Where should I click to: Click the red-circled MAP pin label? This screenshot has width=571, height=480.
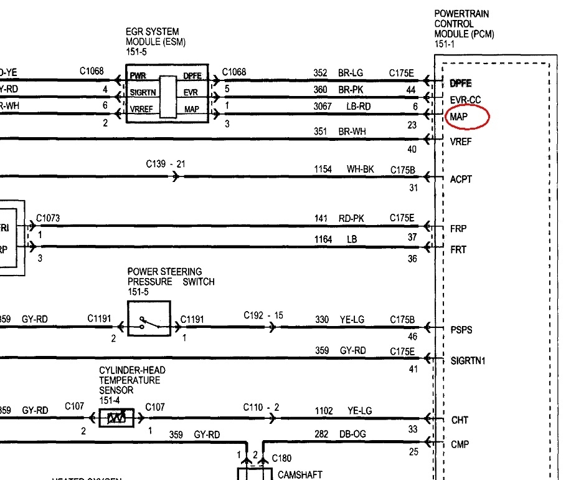pos(460,117)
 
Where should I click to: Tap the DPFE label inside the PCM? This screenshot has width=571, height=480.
pos(461,84)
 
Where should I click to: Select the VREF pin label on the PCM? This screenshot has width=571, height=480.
pos(461,142)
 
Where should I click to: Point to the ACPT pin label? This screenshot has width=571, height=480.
pos(461,180)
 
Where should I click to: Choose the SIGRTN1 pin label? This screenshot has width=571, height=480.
pos(468,361)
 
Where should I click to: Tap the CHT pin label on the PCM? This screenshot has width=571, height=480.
pos(460,421)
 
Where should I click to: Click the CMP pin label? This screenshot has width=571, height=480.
pos(460,444)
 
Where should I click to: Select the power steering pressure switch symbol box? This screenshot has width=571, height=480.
pos(149,318)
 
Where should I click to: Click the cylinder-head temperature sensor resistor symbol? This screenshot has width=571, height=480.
pos(116,418)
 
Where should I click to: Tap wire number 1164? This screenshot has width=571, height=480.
pos(323,239)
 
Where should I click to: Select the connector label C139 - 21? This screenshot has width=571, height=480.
pos(166,165)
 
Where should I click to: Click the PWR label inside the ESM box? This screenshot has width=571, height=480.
pos(138,77)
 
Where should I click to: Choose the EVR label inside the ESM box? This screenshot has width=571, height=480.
pos(191,93)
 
